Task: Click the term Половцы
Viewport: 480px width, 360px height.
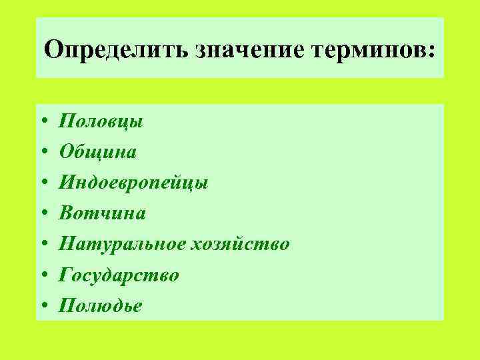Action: pyautogui.click(x=101, y=122)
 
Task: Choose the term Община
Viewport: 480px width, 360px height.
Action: pyautogui.click(x=97, y=153)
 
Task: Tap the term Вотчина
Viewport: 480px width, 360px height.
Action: pyautogui.click(x=102, y=213)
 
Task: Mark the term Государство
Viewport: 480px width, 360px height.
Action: pyautogui.click(x=119, y=275)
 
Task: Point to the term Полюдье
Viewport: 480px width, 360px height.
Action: pyautogui.click(x=100, y=305)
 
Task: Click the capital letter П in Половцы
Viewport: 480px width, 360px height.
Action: pyautogui.click(x=67, y=122)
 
